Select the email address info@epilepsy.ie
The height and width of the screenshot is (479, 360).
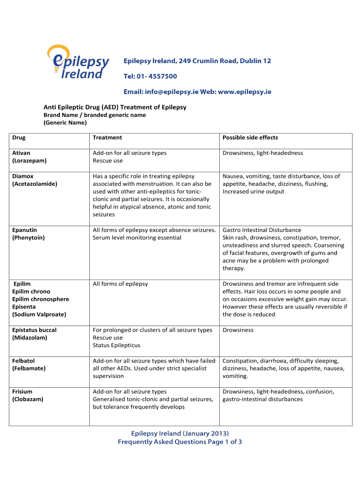point(172,92)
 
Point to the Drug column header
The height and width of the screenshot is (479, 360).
point(19,138)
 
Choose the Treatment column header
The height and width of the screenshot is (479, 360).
point(107,138)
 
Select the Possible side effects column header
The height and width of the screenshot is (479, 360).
point(250,138)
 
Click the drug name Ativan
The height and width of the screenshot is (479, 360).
point(21,153)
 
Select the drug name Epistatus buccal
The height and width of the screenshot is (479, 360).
point(35,330)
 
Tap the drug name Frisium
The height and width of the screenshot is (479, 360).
point(22,392)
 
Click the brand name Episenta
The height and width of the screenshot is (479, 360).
point(25,307)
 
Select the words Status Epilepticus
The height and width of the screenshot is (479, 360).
point(116,345)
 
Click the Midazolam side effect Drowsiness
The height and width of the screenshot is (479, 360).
point(238,330)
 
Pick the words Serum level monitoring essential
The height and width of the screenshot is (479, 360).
point(137,238)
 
